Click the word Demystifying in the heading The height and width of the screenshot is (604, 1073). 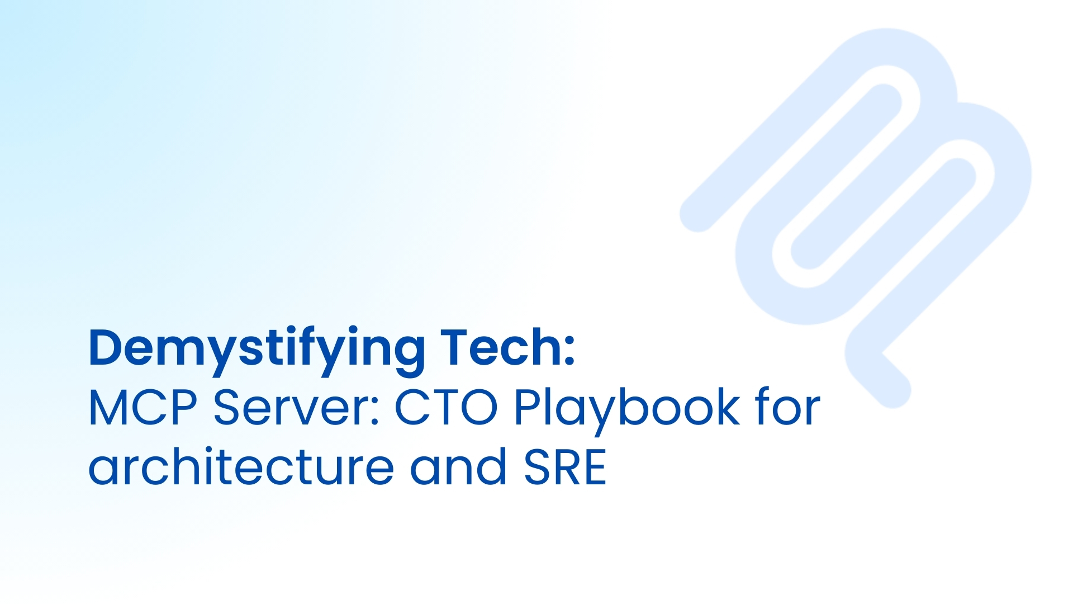pos(257,348)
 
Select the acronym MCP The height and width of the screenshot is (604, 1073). pos(143,407)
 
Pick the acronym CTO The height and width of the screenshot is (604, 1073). pos(446,407)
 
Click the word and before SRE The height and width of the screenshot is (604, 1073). pos(459,467)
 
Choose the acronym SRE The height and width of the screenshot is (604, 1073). pos(565,467)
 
